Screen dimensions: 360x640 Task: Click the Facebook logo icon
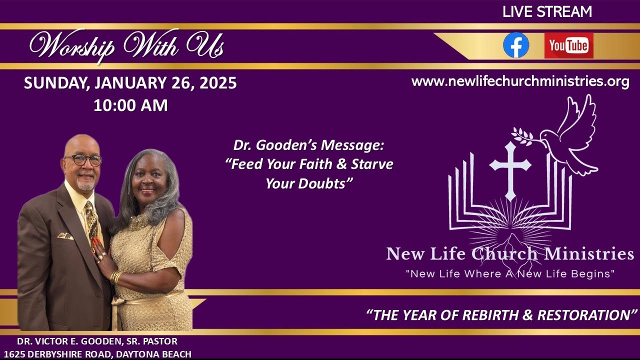(x=516, y=45)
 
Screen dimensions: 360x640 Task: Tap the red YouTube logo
(x=568, y=46)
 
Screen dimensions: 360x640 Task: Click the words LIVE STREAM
(x=547, y=12)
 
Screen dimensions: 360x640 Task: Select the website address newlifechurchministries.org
(x=520, y=81)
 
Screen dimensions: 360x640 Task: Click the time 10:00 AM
(x=130, y=105)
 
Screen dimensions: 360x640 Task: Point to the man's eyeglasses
(x=82, y=160)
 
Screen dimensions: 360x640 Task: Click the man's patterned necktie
(x=92, y=220)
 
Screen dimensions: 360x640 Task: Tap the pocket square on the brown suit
(x=65, y=235)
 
